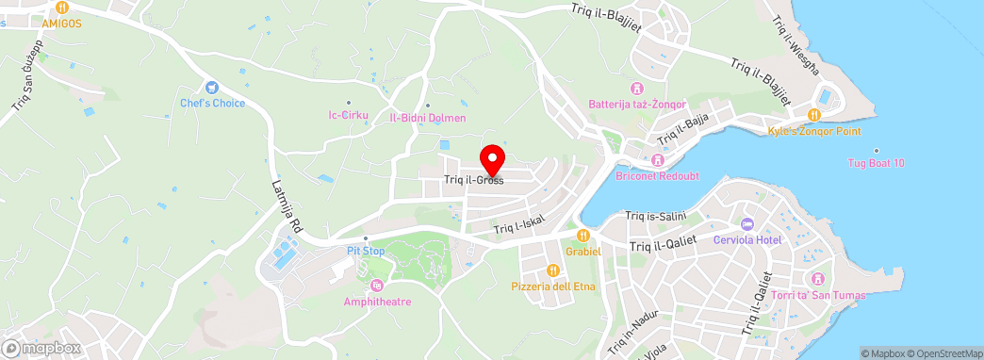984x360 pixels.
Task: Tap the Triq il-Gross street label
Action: (x=473, y=179)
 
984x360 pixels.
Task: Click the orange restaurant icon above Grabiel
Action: (x=583, y=235)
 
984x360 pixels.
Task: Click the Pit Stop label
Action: (x=366, y=252)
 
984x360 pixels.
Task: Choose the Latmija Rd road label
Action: (x=286, y=206)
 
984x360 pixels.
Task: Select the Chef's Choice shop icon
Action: (x=212, y=88)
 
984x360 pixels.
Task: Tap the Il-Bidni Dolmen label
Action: (x=428, y=119)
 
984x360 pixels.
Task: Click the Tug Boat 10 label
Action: (x=877, y=163)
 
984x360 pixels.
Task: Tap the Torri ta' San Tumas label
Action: (x=818, y=295)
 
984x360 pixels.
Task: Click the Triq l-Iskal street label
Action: (x=519, y=226)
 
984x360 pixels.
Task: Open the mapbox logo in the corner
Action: (x=41, y=348)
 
